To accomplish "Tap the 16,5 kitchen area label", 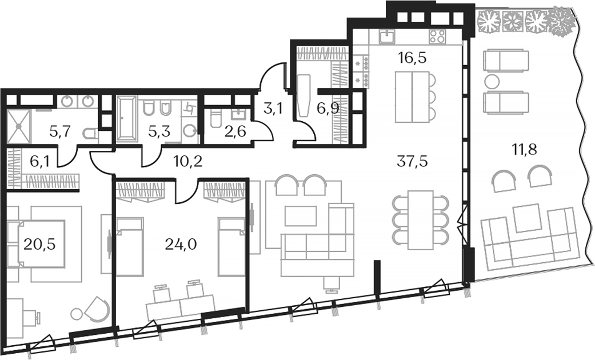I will pos(412,58).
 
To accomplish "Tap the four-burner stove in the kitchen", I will pos(437,37).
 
